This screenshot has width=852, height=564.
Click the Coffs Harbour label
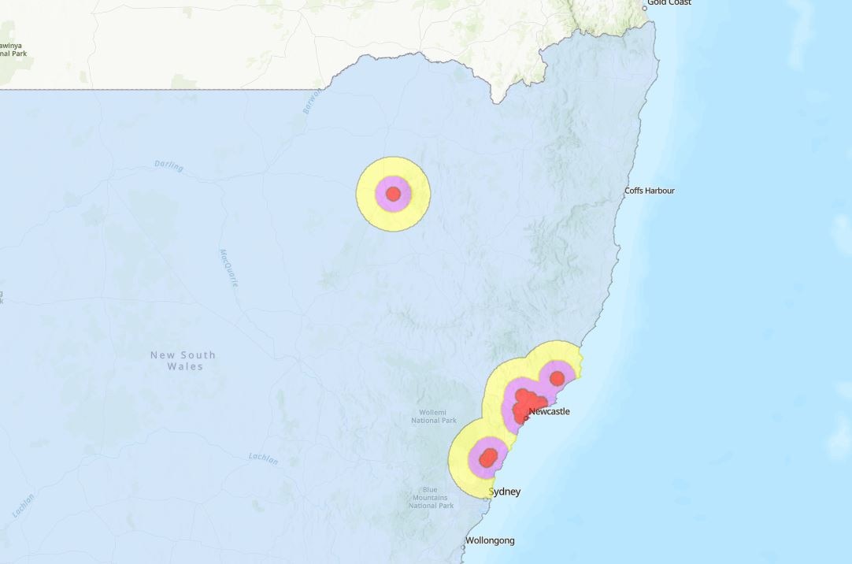click(649, 191)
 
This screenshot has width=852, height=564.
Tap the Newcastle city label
click(549, 411)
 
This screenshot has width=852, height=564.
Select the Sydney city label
click(505, 492)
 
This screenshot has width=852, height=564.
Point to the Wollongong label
click(490, 540)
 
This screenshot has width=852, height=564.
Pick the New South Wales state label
click(183, 361)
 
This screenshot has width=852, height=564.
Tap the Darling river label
click(169, 167)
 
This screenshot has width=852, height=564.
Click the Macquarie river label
click(228, 268)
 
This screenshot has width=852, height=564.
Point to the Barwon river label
click(312, 102)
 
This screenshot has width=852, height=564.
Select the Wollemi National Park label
click(434, 416)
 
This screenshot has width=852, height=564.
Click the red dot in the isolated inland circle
click(394, 194)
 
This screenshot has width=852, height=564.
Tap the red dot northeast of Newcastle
click(557, 378)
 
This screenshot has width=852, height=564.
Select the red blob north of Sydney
click(489, 457)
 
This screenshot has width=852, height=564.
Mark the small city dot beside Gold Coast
click(645, 8)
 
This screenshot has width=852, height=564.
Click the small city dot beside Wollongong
click(463, 547)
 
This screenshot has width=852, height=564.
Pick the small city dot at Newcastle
click(526, 417)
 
